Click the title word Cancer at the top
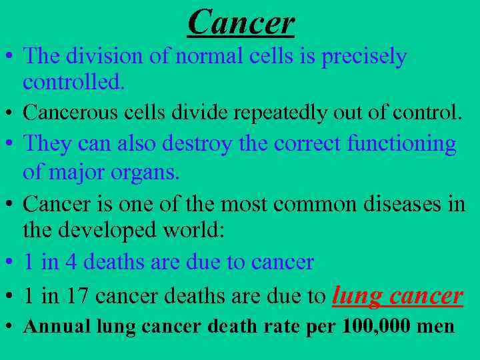(x=241, y=22)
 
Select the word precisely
(x=363, y=57)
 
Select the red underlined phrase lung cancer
(x=397, y=295)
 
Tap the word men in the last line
(x=440, y=327)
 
